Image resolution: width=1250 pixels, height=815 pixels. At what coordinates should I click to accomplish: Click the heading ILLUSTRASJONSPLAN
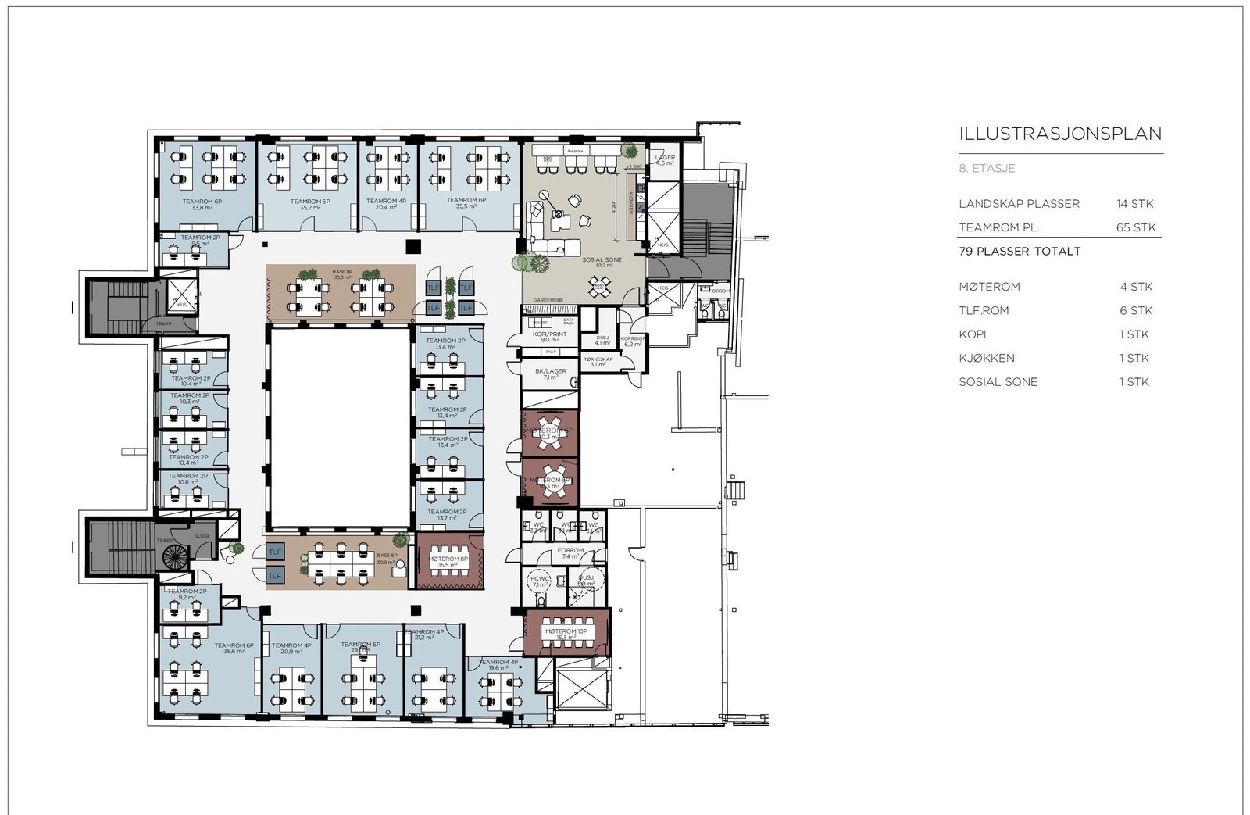[x=1060, y=134]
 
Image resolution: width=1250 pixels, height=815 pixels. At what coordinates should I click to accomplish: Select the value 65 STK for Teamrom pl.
[x=1135, y=227]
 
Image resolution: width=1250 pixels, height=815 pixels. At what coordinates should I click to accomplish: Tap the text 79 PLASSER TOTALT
[x=1020, y=252]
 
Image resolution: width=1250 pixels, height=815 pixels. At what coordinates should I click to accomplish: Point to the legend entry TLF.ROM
[x=984, y=310]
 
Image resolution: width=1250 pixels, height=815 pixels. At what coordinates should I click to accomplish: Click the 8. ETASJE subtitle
[x=987, y=168]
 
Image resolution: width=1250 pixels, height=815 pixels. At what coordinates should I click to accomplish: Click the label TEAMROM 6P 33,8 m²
[x=202, y=204]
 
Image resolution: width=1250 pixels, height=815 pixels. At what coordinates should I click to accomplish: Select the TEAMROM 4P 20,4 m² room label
[x=386, y=204]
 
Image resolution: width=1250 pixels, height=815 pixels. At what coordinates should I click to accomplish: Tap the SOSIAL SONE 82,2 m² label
[x=602, y=262]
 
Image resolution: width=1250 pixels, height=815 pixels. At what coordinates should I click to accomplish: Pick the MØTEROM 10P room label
[x=566, y=634]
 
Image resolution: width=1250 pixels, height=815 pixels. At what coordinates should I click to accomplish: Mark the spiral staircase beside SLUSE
[x=175, y=556]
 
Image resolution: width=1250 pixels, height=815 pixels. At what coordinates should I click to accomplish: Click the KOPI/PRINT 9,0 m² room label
[x=549, y=337]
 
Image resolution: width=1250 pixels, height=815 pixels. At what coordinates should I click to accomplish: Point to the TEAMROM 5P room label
[x=360, y=647]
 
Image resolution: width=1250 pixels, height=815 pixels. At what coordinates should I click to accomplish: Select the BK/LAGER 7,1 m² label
[x=550, y=374]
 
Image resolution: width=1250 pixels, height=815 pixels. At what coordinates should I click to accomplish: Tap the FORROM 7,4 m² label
[x=570, y=553]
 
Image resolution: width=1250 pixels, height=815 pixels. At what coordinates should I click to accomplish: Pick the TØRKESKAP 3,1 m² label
[x=598, y=362]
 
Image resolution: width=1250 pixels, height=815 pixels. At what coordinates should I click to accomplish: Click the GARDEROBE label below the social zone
[x=548, y=300]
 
